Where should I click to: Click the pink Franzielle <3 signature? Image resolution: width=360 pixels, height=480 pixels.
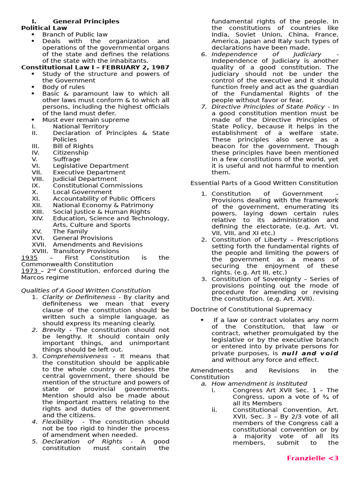(313, 458)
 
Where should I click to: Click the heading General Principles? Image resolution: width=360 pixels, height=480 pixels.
(86, 21)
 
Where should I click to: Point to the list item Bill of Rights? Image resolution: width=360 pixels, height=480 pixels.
(73, 146)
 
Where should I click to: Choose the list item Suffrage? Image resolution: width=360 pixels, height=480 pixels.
(66, 159)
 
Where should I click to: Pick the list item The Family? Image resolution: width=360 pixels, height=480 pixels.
(70, 231)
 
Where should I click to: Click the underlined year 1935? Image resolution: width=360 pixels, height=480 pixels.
(29, 257)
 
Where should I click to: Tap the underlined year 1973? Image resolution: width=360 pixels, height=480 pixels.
(29, 270)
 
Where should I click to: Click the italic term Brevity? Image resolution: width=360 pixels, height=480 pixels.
(54, 330)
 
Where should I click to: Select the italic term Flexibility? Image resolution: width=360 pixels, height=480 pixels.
(58, 421)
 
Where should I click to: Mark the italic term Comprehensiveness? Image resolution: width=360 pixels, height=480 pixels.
(75, 356)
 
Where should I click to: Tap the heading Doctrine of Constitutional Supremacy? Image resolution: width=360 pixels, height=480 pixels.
(251, 309)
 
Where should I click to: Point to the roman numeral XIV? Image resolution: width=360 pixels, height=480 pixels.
(38, 218)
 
